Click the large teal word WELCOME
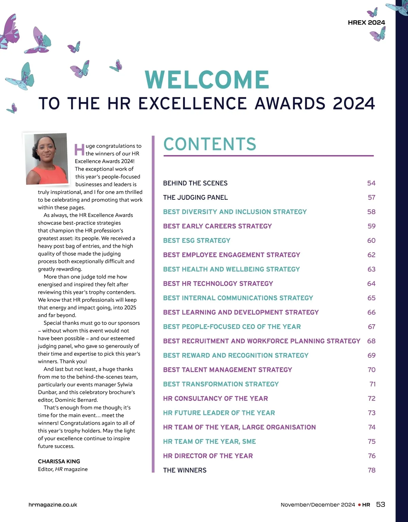tap(207, 80)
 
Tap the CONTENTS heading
tap(210, 144)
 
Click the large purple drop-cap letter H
tap(79, 150)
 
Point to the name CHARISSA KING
tap(59, 461)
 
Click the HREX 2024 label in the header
tap(367, 23)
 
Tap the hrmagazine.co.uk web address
tap(53, 505)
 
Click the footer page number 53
tap(380, 504)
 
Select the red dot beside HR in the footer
tap(359, 505)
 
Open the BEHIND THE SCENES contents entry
tap(195, 183)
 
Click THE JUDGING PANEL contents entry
tap(195, 198)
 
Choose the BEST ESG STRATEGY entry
tap(197, 241)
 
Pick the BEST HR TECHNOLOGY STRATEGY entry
tap(218, 284)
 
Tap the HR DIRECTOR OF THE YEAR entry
tap(208, 456)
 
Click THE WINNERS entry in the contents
tap(185, 470)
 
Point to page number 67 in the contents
tap(371, 327)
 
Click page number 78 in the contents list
tap(371, 470)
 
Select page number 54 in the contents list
tap(371, 183)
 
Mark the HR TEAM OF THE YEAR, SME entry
tap(209, 442)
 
